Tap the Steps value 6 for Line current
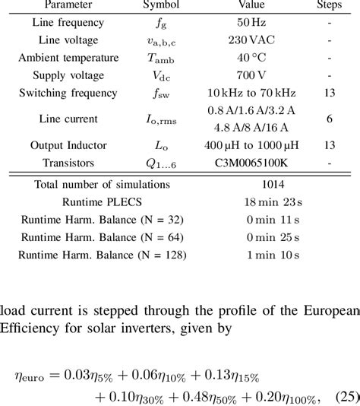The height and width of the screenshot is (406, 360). pyautogui.click(x=329, y=119)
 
